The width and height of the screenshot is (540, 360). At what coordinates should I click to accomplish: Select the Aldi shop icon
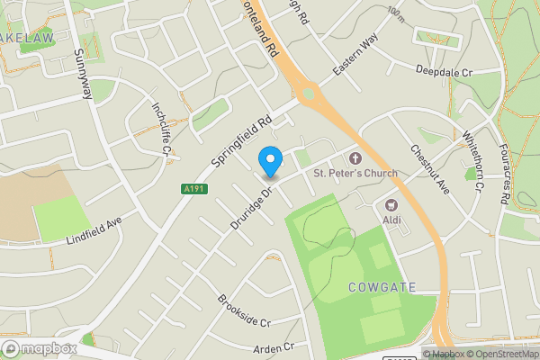[391, 205]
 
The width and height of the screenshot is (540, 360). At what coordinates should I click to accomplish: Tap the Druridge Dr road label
[251, 204]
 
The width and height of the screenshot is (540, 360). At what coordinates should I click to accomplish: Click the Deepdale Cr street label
[444, 70]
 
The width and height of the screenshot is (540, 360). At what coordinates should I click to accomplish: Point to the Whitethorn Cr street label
[473, 161]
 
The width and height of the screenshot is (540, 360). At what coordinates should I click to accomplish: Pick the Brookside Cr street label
[243, 310]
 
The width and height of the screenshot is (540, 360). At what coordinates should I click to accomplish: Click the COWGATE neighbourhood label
[382, 287]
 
